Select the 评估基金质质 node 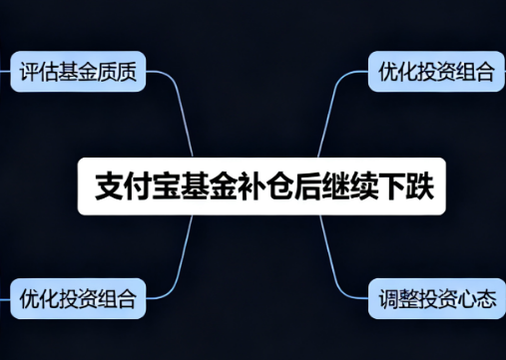coord(78,72)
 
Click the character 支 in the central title coord(109,186)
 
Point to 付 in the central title coord(137,186)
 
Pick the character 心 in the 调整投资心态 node coord(466,297)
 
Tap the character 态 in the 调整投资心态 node coord(485,297)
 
